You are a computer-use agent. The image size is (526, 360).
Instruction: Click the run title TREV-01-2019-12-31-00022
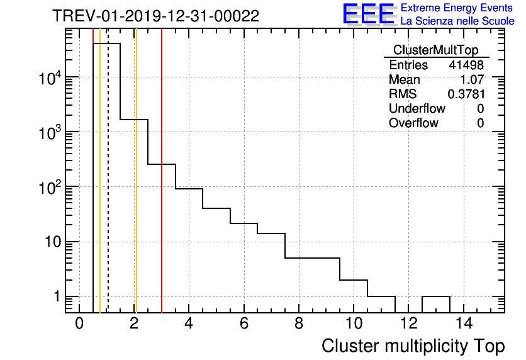(155, 16)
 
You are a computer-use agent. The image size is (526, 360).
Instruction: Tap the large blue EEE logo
(369, 14)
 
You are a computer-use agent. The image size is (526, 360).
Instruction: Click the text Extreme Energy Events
(457, 8)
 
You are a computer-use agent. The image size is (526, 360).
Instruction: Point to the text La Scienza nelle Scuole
(457, 21)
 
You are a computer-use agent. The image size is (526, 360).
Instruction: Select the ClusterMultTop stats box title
(435, 50)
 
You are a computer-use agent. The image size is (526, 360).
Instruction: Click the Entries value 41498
(466, 65)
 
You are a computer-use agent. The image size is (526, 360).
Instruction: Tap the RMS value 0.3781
(466, 94)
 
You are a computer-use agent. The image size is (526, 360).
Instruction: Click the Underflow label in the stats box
(417, 109)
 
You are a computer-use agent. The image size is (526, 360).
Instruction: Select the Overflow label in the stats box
(413, 123)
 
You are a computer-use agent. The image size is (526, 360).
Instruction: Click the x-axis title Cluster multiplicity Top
(413, 346)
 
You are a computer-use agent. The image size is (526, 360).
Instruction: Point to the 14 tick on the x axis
(463, 323)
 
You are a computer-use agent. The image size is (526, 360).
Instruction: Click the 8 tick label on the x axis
(299, 323)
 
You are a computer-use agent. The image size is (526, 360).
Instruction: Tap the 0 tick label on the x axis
(79, 323)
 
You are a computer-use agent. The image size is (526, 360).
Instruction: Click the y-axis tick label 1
(57, 297)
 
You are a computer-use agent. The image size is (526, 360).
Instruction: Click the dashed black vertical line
(108, 189)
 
